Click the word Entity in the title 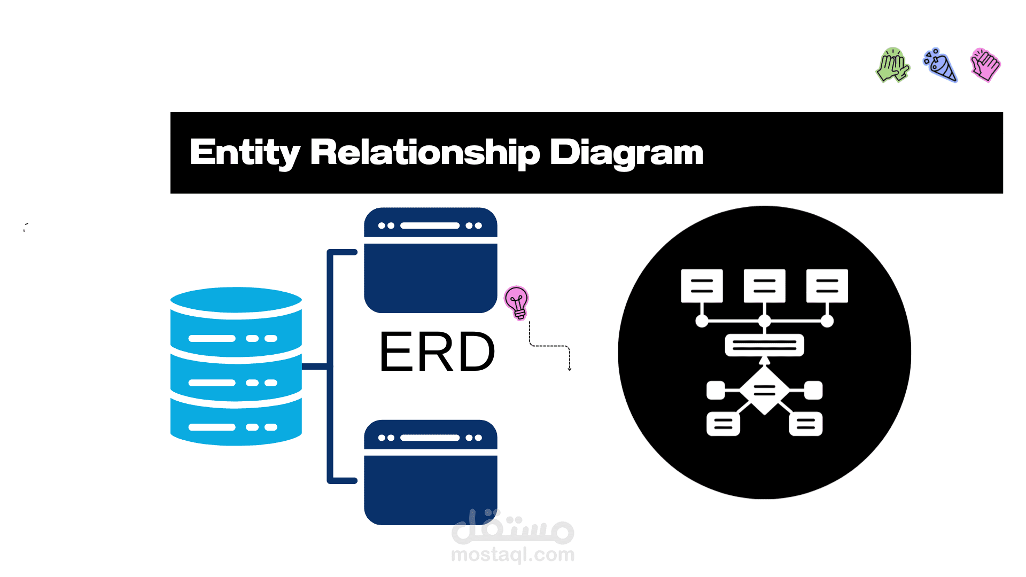tap(244, 153)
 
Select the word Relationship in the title tap(425, 153)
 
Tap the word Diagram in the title tap(626, 153)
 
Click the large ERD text tap(437, 352)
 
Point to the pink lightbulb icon tap(517, 302)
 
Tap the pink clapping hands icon tap(985, 65)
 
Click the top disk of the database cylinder tap(236, 301)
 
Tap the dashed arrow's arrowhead tap(570, 368)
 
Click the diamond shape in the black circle tap(764, 391)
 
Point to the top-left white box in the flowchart tap(702, 286)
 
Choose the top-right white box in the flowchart tap(827, 286)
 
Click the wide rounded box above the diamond tap(764, 345)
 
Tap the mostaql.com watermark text tap(512, 555)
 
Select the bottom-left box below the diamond tap(723, 424)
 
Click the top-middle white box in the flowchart tap(764, 286)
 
